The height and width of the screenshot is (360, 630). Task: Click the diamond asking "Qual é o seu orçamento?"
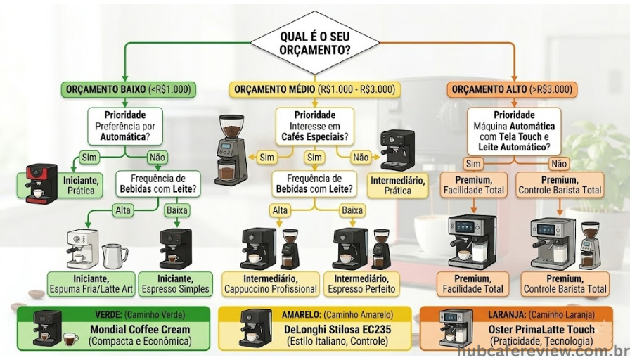[x=314, y=44]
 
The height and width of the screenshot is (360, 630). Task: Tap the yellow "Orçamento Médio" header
[x=315, y=90]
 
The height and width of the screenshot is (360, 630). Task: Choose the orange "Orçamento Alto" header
[x=512, y=90]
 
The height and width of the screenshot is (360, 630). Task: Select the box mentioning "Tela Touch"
[x=515, y=131]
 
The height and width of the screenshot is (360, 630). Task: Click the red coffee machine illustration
[x=41, y=183]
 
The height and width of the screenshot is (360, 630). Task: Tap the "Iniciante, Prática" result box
[x=81, y=186]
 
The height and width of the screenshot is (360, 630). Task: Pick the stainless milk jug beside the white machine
[x=114, y=255]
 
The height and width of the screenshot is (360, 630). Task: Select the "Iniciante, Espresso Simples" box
[x=175, y=283]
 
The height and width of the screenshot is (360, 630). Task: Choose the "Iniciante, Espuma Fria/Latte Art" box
[x=91, y=283]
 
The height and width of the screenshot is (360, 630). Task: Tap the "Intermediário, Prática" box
[x=397, y=186]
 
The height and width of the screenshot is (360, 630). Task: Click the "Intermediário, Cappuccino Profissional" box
[x=270, y=283]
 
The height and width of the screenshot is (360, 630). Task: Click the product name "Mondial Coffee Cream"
[x=139, y=329]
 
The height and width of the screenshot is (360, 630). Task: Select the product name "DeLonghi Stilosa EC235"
[x=337, y=329]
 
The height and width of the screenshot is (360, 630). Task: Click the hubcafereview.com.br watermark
[x=542, y=351]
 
